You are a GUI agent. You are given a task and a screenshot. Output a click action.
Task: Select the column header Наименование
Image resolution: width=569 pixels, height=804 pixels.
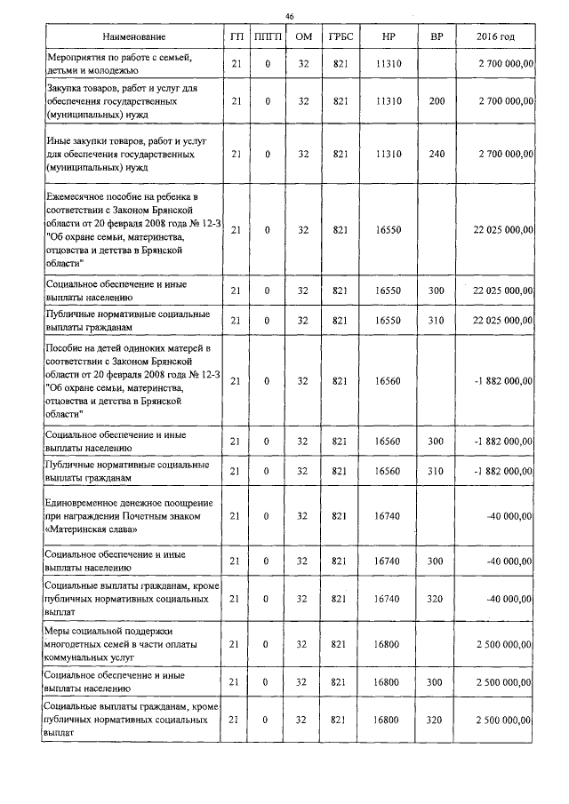[133, 36]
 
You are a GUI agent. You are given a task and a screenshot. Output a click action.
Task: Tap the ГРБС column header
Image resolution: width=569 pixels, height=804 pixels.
[340, 36]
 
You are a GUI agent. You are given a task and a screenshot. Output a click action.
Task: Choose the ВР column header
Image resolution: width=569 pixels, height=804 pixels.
[436, 36]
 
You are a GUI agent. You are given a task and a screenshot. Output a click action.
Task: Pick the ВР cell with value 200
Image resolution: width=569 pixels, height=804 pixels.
[436, 102]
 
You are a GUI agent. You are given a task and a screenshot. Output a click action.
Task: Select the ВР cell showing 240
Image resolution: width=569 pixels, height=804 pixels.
[436, 154]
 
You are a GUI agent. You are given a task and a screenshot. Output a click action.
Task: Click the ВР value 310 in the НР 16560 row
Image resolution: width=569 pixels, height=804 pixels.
[436, 471]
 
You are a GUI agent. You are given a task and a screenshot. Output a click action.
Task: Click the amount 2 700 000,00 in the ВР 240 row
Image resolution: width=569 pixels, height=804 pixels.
[505, 154]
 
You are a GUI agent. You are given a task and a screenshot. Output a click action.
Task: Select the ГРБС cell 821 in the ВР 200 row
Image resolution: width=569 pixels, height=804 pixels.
[340, 102]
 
